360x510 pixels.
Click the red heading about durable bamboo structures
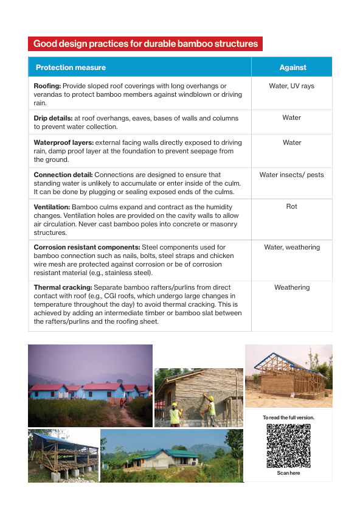[x=145, y=44]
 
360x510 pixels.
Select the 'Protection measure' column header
[x=71, y=68]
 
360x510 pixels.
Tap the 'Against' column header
[x=292, y=68]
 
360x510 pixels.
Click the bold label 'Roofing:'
[x=47, y=86]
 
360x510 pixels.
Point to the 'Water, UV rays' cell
[x=291, y=86]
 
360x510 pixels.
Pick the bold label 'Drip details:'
[x=53, y=118]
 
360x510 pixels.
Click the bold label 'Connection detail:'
[x=63, y=175]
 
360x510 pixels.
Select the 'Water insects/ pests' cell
[x=291, y=175]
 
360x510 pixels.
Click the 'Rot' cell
[x=291, y=207]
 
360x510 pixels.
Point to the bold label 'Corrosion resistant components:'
[x=87, y=248]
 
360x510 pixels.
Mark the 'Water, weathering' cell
[x=291, y=248]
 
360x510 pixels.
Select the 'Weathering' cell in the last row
[x=291, y=287]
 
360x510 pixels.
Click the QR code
[x=288, y=445]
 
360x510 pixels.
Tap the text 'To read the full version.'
[x=288, y=417]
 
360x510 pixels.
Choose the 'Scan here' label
[x=288, y=473]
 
